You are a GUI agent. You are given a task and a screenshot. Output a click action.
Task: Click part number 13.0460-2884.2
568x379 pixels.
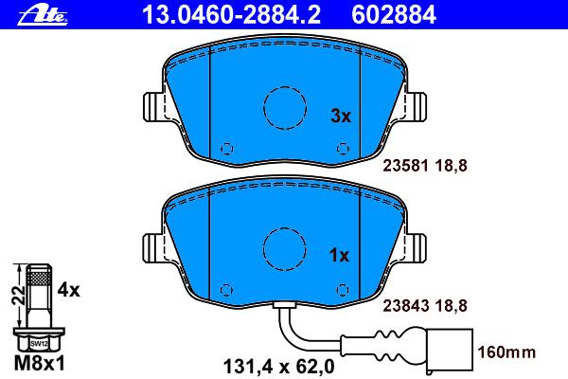point(231,15)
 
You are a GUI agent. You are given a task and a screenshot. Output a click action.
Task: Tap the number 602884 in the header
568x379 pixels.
point(394,15)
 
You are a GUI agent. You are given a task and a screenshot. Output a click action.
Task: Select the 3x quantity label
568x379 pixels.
point(341,116)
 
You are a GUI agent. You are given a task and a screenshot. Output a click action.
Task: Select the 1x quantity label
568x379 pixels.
point(339,256)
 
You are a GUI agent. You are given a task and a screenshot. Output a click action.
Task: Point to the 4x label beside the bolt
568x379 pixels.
point(69,290)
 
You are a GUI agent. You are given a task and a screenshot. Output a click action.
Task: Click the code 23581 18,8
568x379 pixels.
point(425,166)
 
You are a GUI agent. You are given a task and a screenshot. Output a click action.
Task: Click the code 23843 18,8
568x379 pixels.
point(425,306)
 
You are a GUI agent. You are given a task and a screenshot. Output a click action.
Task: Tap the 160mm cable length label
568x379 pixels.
point(506,352)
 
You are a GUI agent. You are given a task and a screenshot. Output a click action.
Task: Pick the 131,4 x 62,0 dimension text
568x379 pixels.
point(279,367)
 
